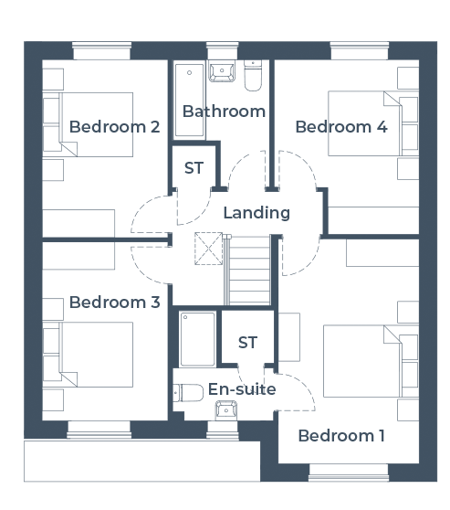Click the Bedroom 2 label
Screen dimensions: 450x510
click(x=114, y=127)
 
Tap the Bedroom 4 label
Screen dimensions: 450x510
click(x=341, y=127)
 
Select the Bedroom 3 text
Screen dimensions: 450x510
click(x=114, y=303)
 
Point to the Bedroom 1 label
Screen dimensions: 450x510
click(x=341, y=436)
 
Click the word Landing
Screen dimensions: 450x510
click(x=256, y=213)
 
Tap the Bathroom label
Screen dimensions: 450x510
click(x=224, y=112)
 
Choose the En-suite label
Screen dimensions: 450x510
click(x=242, y=389)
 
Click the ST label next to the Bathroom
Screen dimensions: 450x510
click(x=194, y=168)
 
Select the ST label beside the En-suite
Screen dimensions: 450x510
click(x=247, y=343)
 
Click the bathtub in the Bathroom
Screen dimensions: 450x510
click(x=190, y=101)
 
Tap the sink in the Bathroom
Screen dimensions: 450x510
click(x=222, y=71)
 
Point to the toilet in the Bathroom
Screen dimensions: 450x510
click(x=253, y=76)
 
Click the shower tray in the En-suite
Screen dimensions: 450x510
click(x=197, y=339)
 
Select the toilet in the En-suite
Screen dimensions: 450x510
click(x=188, y=393)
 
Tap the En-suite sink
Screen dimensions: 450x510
click(x=226, y=410)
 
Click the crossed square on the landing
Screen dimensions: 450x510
click(x=209, y=249)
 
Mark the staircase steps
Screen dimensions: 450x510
click(x=247, y=271)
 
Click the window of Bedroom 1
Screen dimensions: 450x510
click(x=349, y=473)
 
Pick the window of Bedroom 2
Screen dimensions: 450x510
click(x=101, y=50)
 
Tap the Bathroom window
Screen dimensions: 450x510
click(x=222, y=50)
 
